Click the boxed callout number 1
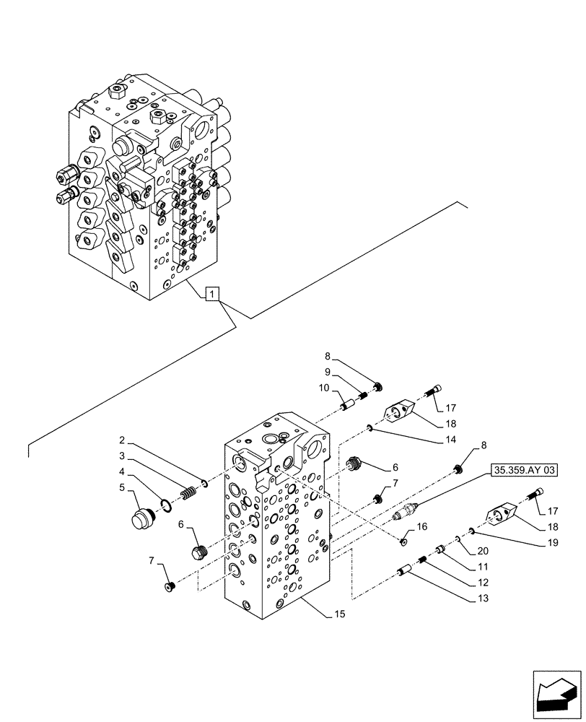point(211,294)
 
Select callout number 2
point(123,440)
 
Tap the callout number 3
point(123,456)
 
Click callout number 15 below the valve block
point(340,614)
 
